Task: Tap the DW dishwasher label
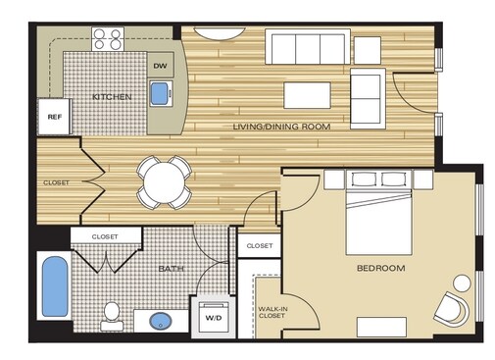click(x=161, y=68)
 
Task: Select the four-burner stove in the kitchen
click(x=107, y=39)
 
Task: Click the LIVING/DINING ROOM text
click(x=281, y=127)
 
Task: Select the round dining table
click(x=163, y=181)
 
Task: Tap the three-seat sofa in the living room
click(x=308, y=47)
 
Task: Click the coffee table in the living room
click(x=312, y=93)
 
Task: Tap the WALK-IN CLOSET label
click(x=272, y=312)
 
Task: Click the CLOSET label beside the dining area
click(x=56, y=182)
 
